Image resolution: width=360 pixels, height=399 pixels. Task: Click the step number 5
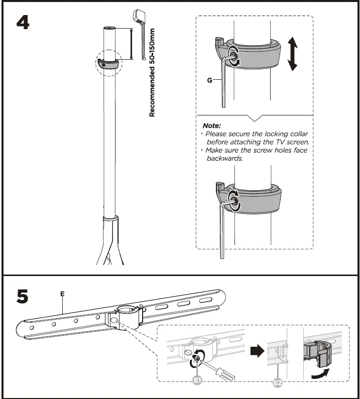(23, 297)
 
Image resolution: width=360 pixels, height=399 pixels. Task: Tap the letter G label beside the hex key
(208, 80)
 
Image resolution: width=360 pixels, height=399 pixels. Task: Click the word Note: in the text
(211, 125)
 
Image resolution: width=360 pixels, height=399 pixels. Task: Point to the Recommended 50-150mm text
(152, 73)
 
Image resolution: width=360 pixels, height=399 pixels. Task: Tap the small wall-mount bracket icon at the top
(139, 17)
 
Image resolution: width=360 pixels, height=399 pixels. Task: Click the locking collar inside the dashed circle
(109, 63)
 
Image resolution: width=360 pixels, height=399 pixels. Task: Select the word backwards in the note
(225, 158)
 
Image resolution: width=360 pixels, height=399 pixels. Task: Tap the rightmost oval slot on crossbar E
(206, 300)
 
